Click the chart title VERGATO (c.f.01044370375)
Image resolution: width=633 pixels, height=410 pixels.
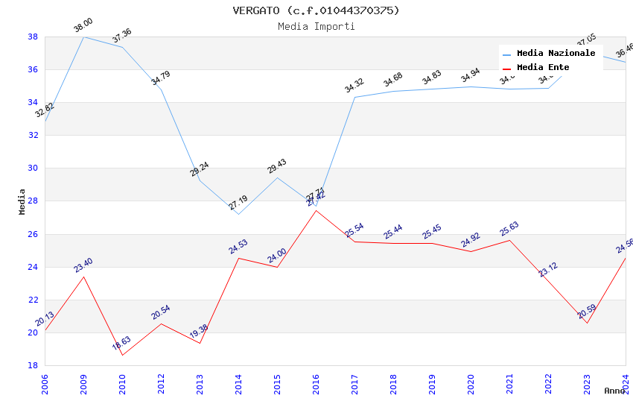(x=316, y=10)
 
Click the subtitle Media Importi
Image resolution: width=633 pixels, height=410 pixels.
(x=316, y=27)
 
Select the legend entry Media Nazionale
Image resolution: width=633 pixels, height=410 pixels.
(x=556, y=54)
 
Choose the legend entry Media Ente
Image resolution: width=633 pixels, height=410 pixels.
(x=543, y=68)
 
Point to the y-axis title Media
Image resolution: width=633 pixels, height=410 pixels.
(x=22, y=201)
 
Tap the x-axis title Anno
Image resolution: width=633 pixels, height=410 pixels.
(x=614, y=391)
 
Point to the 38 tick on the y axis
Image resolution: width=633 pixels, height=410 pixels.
(x=33, y=37)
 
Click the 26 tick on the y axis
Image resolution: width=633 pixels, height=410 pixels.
(x=33, y=234)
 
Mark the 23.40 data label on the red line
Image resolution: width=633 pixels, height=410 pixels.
(x=83, y=265)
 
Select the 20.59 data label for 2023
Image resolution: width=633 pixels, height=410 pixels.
(x=587, y=311)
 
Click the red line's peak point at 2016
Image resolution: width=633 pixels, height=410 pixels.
(x=316, y=210)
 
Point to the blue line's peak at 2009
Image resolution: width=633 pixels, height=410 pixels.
(x=83, y=37)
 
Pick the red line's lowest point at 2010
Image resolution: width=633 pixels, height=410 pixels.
(x=122, y=355)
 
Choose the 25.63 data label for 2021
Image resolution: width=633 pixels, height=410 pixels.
(x=509, y=228)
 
